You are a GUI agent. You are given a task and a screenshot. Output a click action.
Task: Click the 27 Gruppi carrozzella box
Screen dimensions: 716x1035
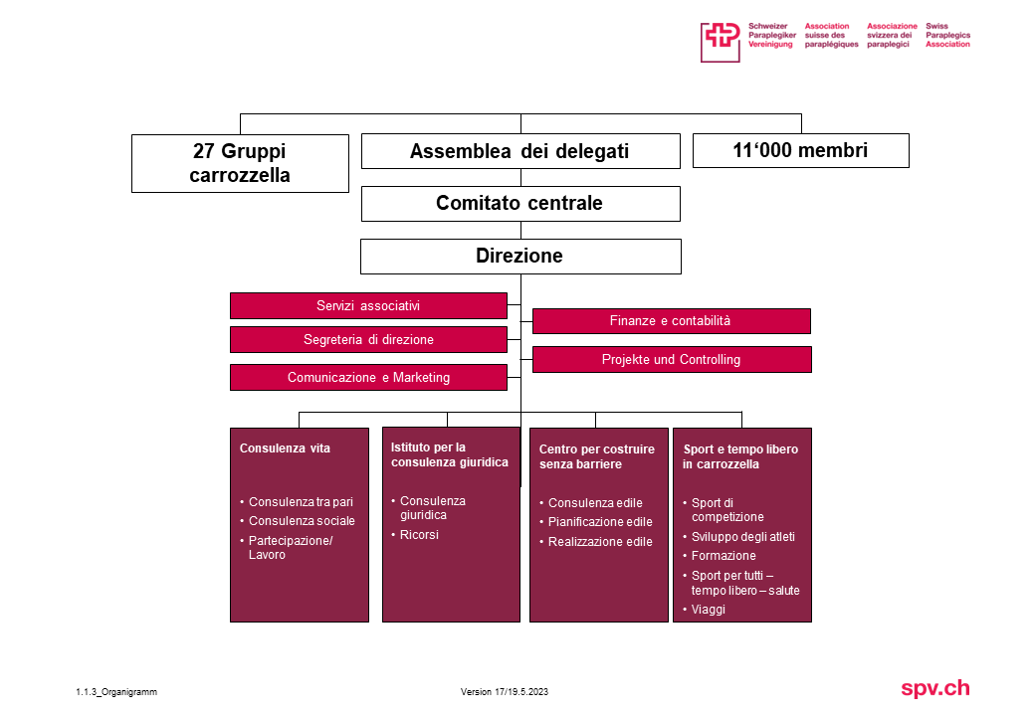240,163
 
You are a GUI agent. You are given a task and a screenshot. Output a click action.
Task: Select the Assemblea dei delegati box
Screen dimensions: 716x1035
519,151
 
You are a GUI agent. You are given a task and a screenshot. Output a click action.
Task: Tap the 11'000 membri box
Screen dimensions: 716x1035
800,150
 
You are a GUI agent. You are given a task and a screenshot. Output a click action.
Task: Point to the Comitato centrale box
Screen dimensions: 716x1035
519,203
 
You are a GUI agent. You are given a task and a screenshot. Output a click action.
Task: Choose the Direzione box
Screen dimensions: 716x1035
519,256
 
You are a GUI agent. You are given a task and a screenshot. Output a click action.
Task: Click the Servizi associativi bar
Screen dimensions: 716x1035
368,305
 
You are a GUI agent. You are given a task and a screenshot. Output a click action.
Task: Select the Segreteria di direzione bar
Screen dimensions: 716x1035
368,339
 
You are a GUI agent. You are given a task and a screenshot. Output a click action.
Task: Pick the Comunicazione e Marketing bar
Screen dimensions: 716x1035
368,377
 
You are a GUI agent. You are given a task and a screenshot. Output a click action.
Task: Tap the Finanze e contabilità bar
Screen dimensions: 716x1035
671,321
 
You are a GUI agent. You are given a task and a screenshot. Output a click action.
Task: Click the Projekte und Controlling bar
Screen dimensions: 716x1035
671,359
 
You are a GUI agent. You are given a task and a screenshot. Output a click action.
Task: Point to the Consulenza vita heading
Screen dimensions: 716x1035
285,448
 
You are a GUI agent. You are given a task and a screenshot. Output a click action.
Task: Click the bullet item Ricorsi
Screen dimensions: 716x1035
419,535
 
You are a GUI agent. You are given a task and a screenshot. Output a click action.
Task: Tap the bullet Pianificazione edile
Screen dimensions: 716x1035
600,522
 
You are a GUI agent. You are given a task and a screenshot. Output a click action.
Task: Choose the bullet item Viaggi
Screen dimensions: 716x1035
708,610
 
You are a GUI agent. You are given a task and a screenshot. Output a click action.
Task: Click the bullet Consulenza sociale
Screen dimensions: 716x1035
302,521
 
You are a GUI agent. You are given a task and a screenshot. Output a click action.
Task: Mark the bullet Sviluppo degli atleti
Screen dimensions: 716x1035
742,537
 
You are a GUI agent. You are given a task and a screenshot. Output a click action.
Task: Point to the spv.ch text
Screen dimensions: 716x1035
934,688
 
